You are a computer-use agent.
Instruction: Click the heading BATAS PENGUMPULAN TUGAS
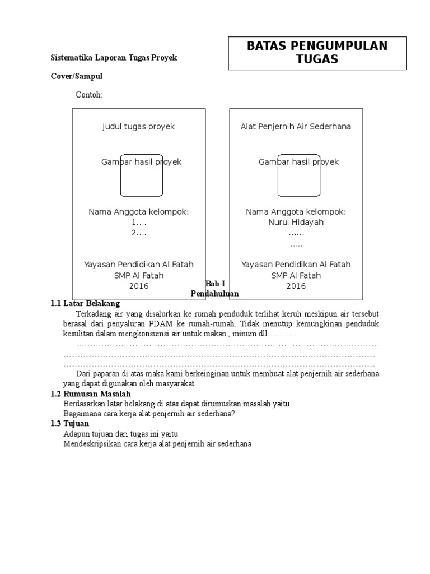[317, 53]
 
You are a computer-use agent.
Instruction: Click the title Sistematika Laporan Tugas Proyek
[114, 58]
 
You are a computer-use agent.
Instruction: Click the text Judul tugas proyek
[138, 127]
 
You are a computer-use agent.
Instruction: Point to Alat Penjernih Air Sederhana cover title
[296, 127]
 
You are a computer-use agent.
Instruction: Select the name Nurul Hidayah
[296, 222]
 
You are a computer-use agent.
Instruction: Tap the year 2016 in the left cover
[139, 286]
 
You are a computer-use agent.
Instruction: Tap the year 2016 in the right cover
[296, 286]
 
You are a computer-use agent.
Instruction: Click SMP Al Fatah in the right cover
[296, 275]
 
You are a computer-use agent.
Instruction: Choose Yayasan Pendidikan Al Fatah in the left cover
[139, 265]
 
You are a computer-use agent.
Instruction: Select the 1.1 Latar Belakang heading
[85, 303]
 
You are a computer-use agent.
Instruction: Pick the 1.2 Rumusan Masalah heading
[91, 394]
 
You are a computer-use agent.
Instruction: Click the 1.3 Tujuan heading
[71, 423]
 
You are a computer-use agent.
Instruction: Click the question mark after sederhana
[233, 414]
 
